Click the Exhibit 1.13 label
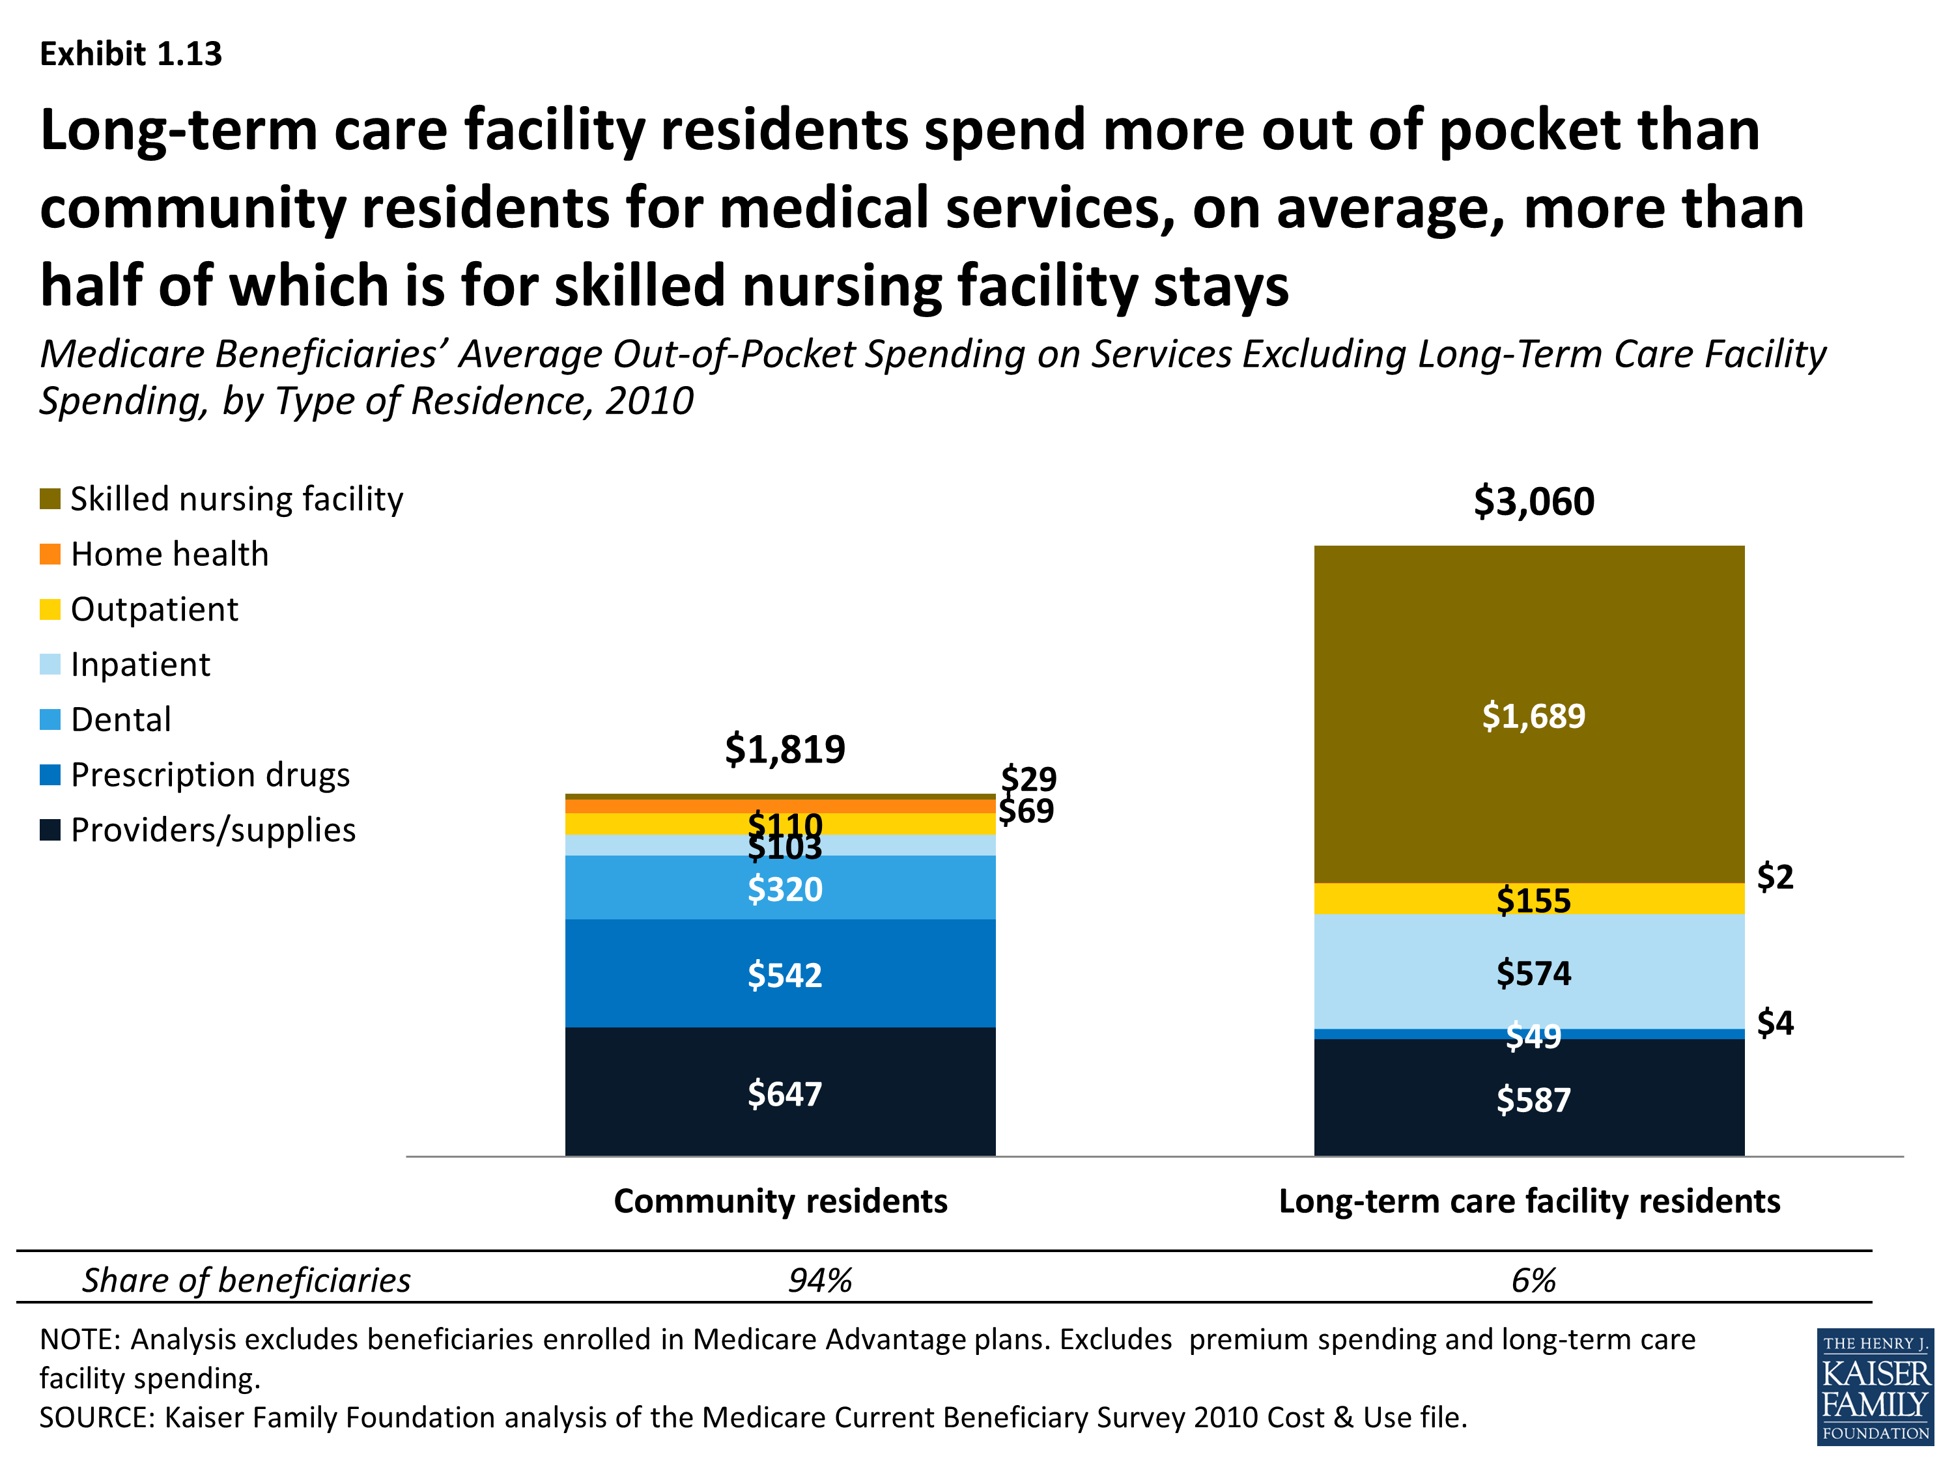click(131, 54)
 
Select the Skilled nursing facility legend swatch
click(50, 499)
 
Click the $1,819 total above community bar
click(784, 749)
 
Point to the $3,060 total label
click(1533, 501)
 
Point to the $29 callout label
click(1028, 779)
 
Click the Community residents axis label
click(780, 1201)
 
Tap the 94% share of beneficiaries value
click(820, 1279)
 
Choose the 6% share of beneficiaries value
click(1533, 1279)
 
